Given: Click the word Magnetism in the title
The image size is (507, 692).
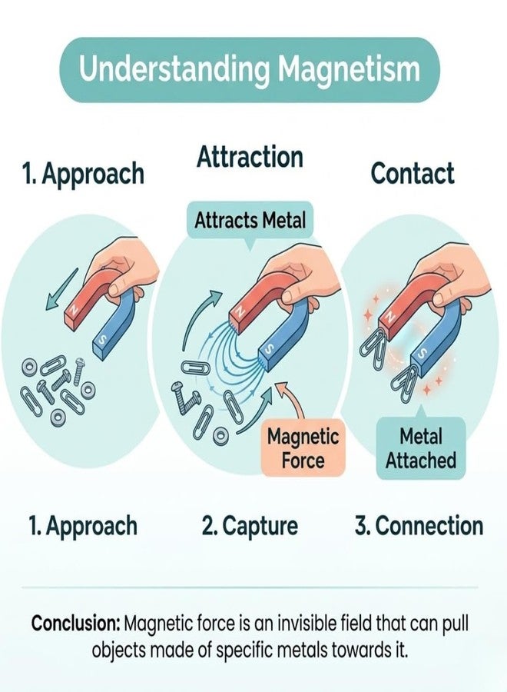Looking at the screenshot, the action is pos(349,70).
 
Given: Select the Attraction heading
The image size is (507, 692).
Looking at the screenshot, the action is pos(250,157).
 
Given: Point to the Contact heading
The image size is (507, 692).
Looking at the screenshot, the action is pos(413,173).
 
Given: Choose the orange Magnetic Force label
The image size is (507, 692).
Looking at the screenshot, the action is pos(303,448).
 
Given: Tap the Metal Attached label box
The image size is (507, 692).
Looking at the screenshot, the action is pos(421,448).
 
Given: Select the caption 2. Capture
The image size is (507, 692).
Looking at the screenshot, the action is pos(250,526).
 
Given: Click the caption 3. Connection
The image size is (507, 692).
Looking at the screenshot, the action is pos(419,526).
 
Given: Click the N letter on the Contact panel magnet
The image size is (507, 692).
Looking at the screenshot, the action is pos(389,317).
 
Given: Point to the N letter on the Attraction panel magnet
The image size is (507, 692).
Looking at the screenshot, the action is pos(240,312).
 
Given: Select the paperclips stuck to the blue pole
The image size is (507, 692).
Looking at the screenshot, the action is pos(406,381).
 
